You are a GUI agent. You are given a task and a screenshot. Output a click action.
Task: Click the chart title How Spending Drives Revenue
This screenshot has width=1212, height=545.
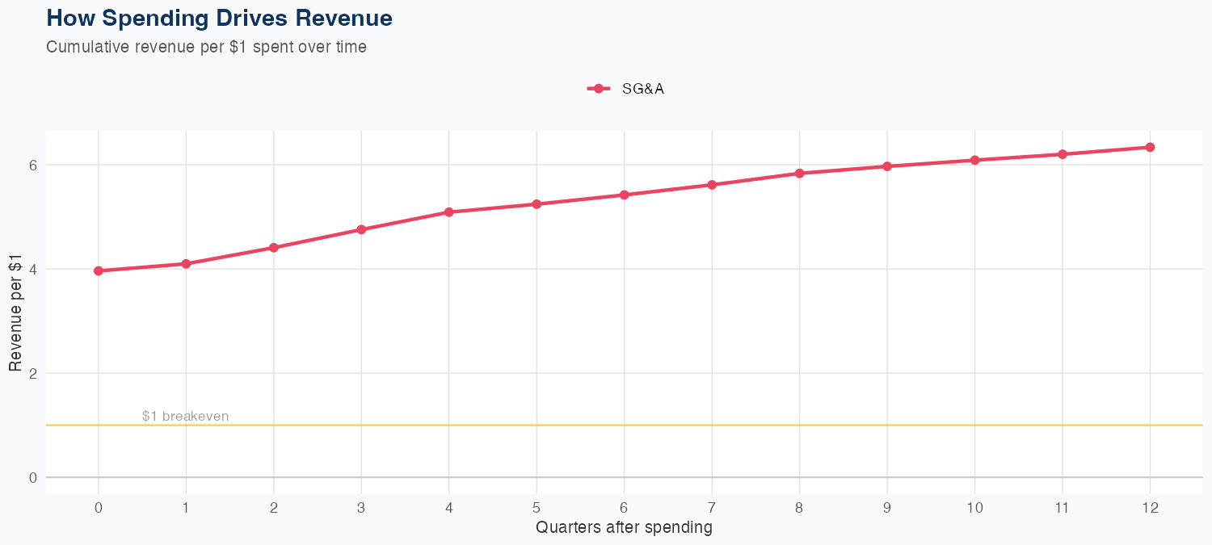pos(219,18)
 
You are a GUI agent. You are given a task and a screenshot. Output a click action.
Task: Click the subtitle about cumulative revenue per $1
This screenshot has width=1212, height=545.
pos(206,47)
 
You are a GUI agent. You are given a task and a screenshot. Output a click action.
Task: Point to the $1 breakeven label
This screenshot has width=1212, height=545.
pos(185,417)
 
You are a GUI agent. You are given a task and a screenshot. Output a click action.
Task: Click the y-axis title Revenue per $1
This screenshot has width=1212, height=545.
pos(15,312)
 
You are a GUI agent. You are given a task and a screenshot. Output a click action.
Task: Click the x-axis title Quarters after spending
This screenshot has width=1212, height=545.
pos(624,528)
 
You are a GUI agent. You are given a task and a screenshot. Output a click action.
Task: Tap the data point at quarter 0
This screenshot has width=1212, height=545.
pos(99,271)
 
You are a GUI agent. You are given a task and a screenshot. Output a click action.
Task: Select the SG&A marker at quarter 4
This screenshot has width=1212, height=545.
pos(448,212)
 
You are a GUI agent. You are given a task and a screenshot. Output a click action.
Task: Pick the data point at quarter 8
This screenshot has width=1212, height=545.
pos(799,174)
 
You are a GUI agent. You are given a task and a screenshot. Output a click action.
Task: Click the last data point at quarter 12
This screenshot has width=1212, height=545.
pos(1150,147)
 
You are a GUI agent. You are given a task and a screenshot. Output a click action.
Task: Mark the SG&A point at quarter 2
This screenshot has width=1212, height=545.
pos(274,248)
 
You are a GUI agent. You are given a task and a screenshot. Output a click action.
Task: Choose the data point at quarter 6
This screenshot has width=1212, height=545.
pos(624,195)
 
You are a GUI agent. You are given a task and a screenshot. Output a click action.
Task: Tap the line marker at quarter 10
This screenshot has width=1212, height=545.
pos(974,161)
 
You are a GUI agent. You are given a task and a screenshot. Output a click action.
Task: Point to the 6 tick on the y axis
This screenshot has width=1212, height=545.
pos(33,165)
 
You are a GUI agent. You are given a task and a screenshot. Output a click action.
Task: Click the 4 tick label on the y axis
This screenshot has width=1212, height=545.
pos(33,269)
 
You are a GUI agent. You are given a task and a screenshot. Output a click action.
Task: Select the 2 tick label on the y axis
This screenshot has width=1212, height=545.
pos(33,373)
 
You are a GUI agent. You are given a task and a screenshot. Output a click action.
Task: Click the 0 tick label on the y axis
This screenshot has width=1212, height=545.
pos(33,477)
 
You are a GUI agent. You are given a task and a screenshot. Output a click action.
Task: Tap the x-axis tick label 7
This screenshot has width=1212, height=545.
pos(712,508)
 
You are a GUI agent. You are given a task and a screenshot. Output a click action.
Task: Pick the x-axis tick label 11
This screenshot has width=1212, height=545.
pos(1062,508)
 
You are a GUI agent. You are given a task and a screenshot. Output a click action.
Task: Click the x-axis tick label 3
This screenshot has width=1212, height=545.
pos(361,508)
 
